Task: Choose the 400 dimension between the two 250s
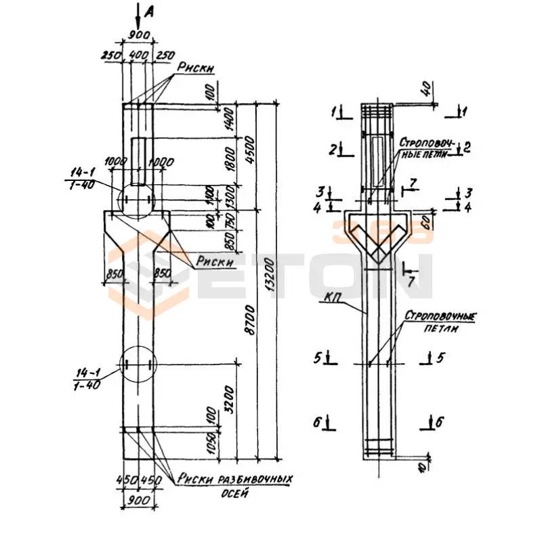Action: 138,54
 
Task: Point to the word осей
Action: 234,493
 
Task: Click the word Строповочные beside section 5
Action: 440,316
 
